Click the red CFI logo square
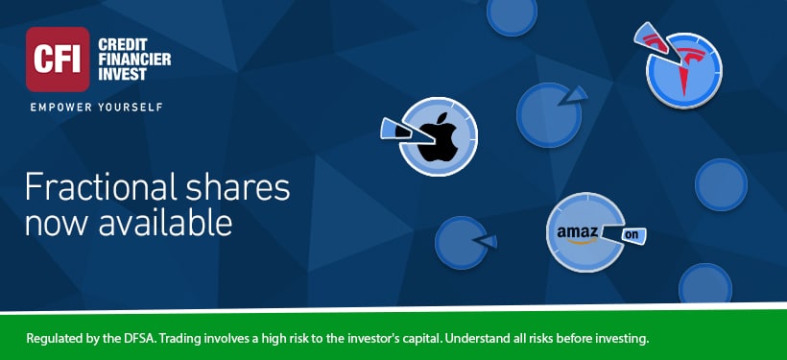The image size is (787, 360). (x=58, y=60)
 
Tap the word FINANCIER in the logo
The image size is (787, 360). (x=135, y=60)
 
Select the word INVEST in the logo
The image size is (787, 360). (x=123, y=74)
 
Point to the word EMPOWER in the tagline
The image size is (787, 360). (x=60, y=107)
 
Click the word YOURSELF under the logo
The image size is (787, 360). (x=130, y=107)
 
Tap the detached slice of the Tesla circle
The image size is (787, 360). (x=654, y=38)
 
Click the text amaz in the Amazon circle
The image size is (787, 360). (x=577, y=232)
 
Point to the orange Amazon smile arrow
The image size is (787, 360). (x=577, y=241)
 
